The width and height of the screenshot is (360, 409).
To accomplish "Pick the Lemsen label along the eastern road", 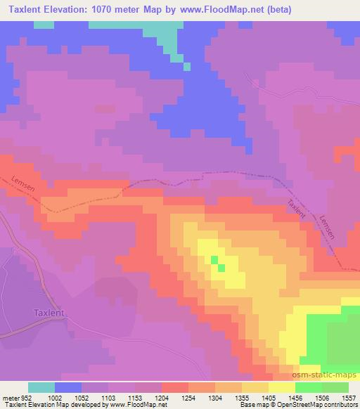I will click(x=326, y=229).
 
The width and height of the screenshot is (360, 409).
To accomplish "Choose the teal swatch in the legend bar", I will click(x=41, y=387).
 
